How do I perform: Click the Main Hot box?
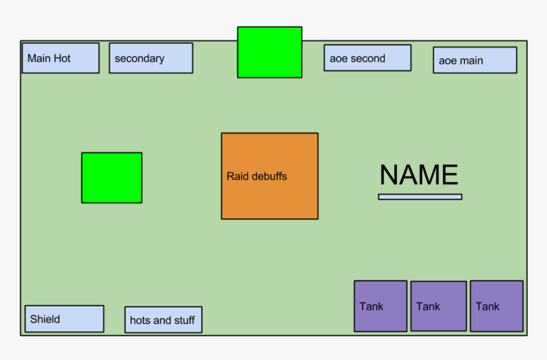60,58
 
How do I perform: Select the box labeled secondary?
151,58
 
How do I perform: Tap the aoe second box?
367,58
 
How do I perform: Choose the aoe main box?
474,60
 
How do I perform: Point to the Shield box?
64,319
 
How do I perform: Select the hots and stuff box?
163,320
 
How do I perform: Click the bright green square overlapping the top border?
270,52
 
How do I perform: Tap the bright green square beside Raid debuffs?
111,177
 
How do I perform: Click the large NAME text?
419,175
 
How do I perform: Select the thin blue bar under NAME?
420,197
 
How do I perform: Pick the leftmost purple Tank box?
380,306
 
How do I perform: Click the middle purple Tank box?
438,306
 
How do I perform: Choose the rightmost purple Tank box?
496,306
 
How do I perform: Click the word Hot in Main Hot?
62,59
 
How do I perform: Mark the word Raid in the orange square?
237,176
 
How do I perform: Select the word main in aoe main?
471,61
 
